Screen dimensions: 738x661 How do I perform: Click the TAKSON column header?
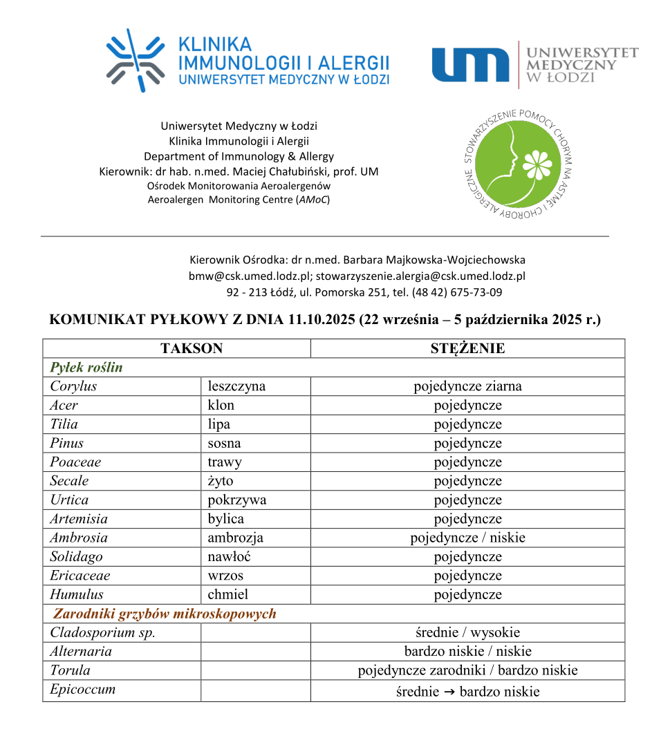pos(192,348)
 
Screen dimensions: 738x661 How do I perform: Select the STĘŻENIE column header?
pos(467,348)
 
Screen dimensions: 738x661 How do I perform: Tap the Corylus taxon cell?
pos(73,386)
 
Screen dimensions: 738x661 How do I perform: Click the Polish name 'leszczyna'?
pos(236,386)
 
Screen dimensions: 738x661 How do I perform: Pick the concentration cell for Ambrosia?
pos(467,538)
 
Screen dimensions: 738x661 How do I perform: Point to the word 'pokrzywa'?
pos(236,500)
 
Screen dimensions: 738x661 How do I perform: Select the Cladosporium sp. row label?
pos(102,632)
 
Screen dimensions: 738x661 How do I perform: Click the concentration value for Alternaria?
pos(467,651)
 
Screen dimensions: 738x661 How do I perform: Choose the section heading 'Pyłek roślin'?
pos(86,368)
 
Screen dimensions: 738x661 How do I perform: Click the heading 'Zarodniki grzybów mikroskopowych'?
pos(165,614)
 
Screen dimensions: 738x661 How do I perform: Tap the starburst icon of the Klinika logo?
pos(136,61)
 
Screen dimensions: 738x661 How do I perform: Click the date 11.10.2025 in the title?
pos(316,320)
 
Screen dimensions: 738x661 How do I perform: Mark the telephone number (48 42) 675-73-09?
pos(457,292)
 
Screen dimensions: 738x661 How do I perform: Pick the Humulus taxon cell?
pos(77,594)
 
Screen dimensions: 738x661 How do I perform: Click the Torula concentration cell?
pos(467,670)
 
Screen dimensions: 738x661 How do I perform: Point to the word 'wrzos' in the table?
pos(225,576)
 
